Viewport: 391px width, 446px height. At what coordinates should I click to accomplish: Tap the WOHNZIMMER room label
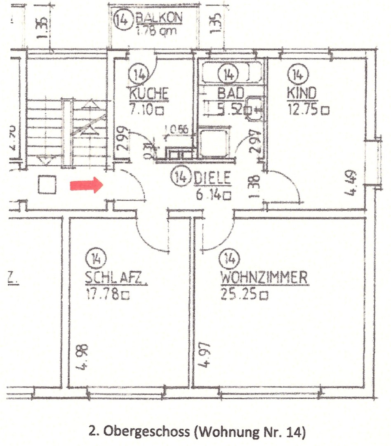264,278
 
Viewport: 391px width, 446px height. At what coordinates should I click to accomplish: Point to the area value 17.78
103,295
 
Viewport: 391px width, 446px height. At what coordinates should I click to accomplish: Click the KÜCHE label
149,93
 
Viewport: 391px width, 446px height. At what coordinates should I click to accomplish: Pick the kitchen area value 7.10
143,110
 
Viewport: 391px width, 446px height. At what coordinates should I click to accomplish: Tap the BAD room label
231,93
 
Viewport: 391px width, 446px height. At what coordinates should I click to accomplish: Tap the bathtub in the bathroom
231,75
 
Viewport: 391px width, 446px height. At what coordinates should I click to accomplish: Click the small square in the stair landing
47,185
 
